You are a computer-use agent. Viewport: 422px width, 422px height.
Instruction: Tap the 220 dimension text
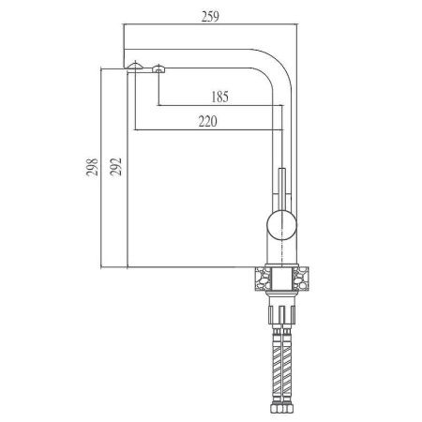(x=212, y=120)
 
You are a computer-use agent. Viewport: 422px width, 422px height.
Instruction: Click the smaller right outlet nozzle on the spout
(x=158, y=67)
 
